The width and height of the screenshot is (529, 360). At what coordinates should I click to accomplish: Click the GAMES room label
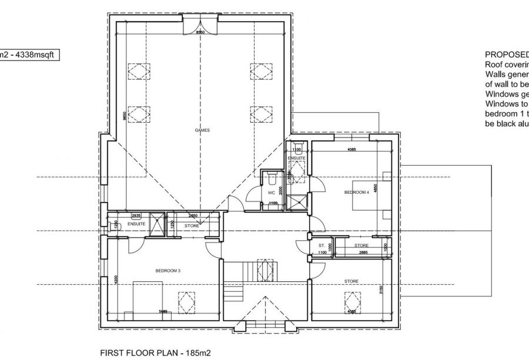click(x=203, y=130)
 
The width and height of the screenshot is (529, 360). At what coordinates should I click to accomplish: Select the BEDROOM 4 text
click(x=357, y=192)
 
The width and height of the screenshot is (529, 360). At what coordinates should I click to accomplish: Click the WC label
click(x=271, y=191)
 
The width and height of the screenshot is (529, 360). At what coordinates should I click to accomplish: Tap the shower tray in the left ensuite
click(x=157, y=224)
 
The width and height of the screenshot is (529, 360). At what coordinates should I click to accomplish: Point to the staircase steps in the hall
click(x=234, y=291)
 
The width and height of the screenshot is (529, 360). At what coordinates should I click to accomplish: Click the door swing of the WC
click(x=253, y=194)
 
